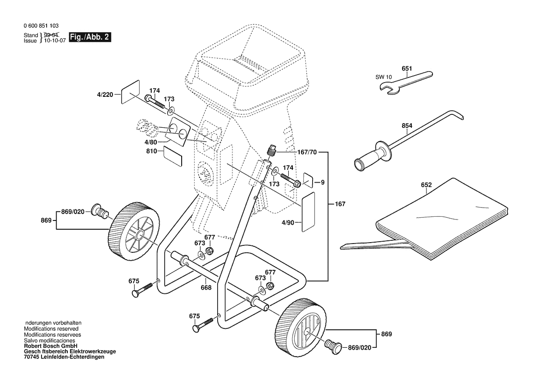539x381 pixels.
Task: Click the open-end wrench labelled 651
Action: point(406,81)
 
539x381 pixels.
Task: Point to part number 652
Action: point(426,185)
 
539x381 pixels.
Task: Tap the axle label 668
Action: point(206,288)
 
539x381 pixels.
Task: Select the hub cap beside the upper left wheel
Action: point(99,210)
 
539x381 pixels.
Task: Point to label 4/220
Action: point(105,95)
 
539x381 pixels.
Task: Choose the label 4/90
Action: point(288,223)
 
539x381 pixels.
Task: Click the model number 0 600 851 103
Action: point(41,27)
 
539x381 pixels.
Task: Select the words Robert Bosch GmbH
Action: point(50,345)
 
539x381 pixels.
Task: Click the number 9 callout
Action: point(323,182)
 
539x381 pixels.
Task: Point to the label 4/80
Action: point(151,143)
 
